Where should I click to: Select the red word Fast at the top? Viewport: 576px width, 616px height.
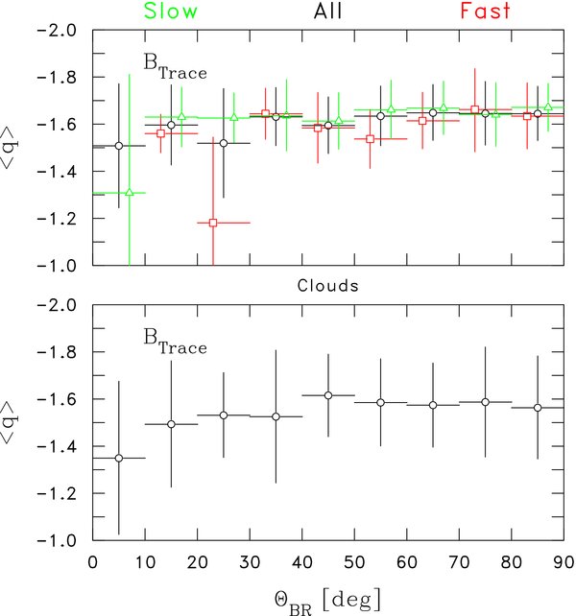459,12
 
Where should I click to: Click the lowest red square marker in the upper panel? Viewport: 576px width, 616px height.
213,223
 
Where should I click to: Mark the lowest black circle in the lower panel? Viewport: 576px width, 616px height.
119,459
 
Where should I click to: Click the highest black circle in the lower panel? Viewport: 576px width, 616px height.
328,395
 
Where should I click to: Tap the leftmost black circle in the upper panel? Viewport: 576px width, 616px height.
119,146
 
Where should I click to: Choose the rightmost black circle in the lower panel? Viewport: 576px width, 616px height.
538,408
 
